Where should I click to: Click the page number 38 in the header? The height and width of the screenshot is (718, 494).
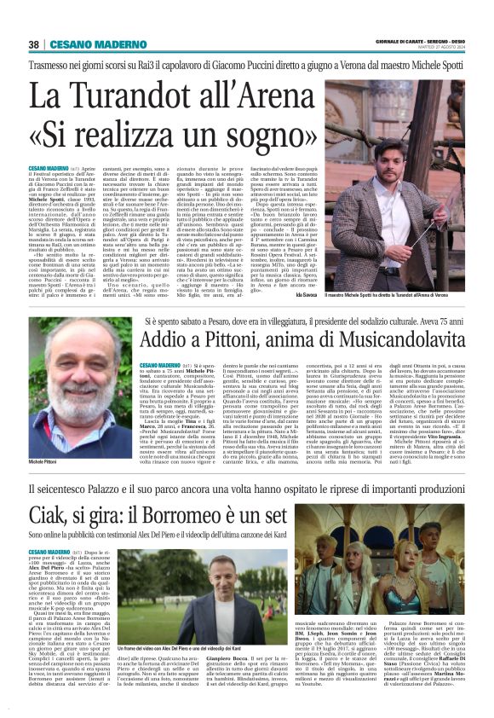34,44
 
